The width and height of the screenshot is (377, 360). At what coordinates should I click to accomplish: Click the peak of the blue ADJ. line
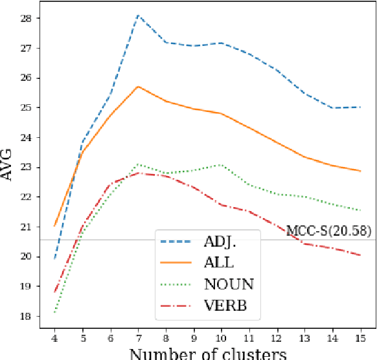(137, 15)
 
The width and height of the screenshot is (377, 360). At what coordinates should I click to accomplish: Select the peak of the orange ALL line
(137, 86)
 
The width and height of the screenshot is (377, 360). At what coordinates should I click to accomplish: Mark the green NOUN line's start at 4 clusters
(54, 313)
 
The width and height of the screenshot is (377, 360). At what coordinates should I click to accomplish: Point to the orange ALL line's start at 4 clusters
(54, 226)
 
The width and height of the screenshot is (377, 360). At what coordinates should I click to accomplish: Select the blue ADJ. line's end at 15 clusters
(360, 107)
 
